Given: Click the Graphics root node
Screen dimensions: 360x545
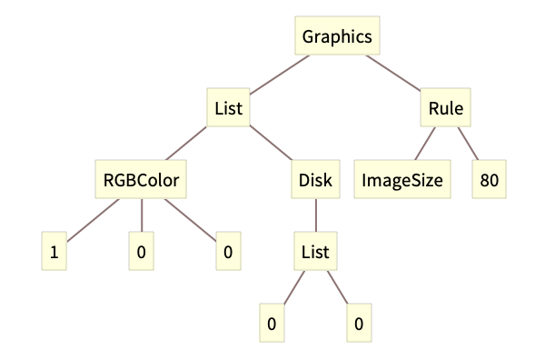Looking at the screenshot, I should [x=336, y=37].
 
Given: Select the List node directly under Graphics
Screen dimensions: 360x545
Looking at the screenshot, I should [x=227, y=109].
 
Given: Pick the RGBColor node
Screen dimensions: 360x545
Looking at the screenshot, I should [x=142, y=180].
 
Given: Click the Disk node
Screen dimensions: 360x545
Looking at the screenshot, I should [x=315, y=180].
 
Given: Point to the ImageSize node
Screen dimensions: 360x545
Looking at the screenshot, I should [x=401, y=180].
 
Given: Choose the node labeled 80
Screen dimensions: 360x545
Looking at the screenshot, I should [x=490, y=180].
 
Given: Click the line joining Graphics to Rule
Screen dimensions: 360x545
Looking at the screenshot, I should [x=396, y=76].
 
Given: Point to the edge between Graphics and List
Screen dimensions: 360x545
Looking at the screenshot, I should [x=278, y=75].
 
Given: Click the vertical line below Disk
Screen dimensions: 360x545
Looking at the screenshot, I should [x=315, y=215].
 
